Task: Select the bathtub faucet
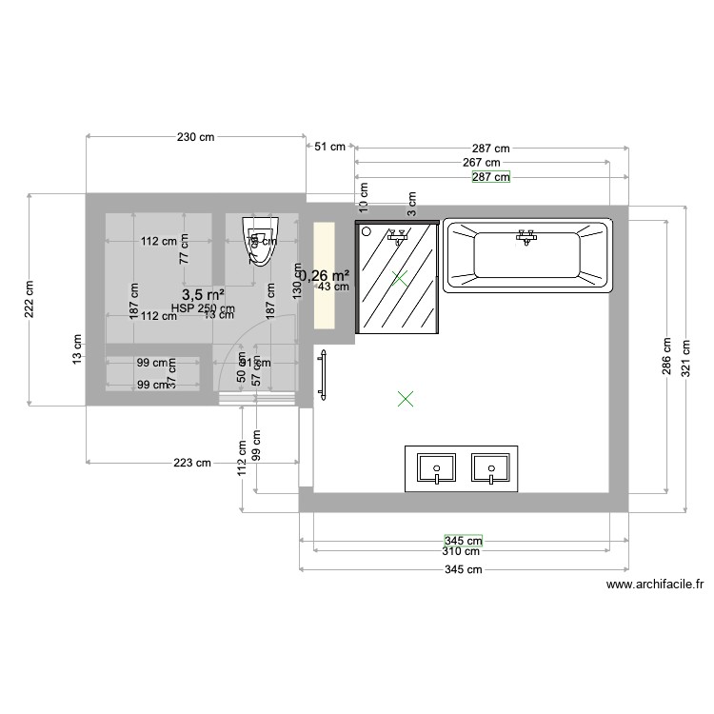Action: (x=525, y=236)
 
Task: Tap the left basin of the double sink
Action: (x=437, y=468)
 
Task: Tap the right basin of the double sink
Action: (x=491, y=468)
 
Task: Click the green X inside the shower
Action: (x=400, y=278)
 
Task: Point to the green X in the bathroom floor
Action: (x=406, y=399)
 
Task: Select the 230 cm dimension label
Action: (x=195, y=137)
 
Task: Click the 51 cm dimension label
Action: (x=330, y=147)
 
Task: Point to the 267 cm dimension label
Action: (x=482, y=162)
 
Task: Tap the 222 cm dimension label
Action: (x=29, y=299)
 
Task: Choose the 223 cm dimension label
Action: (x=192, y=464)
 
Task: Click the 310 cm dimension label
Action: (x=461, y=551)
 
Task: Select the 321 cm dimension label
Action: (x=687, y=358)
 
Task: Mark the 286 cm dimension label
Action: (x=667, y=358)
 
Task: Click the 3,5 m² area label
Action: (x=203, y=295)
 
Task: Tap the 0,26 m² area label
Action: (x=325, y=273)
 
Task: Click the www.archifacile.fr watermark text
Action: (x=654, y=586)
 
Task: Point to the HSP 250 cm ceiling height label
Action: (x=203, y=308)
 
